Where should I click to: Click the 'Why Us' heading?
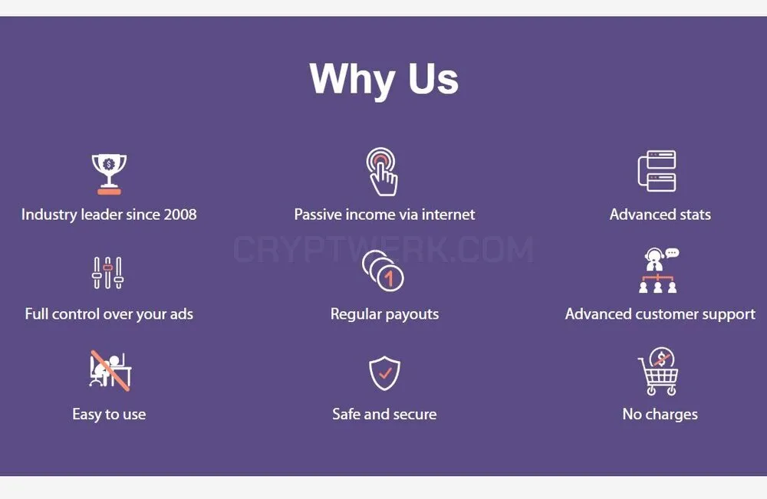pyautogui.click(x=384, y=79)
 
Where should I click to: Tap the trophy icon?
pyautogui.click(x=109, y=174)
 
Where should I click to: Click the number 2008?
pyautogui.click(x=180, y=214)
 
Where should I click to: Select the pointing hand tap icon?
pyautogui.click(x=382, y=172)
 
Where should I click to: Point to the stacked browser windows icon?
pyautogui.click(x=657, y=171)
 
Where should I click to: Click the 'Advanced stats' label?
pyautogui.click(x=660, y=214)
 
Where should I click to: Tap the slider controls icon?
pyautogui.click(x=107, y=273)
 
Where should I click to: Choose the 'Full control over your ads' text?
pyautogui.click(x=109, y=314)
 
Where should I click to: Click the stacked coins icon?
pyautogui.click(x=383, y=271)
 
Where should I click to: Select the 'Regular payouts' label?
pyautogui.click(x=384, y=314)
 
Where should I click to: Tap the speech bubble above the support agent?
pyautogui.click(x=672, y=253)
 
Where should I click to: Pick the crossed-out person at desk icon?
pyautogui.click(x=110, y=370)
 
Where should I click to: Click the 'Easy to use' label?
pyautogui.click(x=109, y=414)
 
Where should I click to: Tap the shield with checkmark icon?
pyautogui.click(x=384, y=373)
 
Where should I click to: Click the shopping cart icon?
pyautogui.click(x=658, y=372)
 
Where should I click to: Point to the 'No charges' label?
pyautogui.click(x=660, y=414)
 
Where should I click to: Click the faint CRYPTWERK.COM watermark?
pyautogui.click(x=383, y=249)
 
